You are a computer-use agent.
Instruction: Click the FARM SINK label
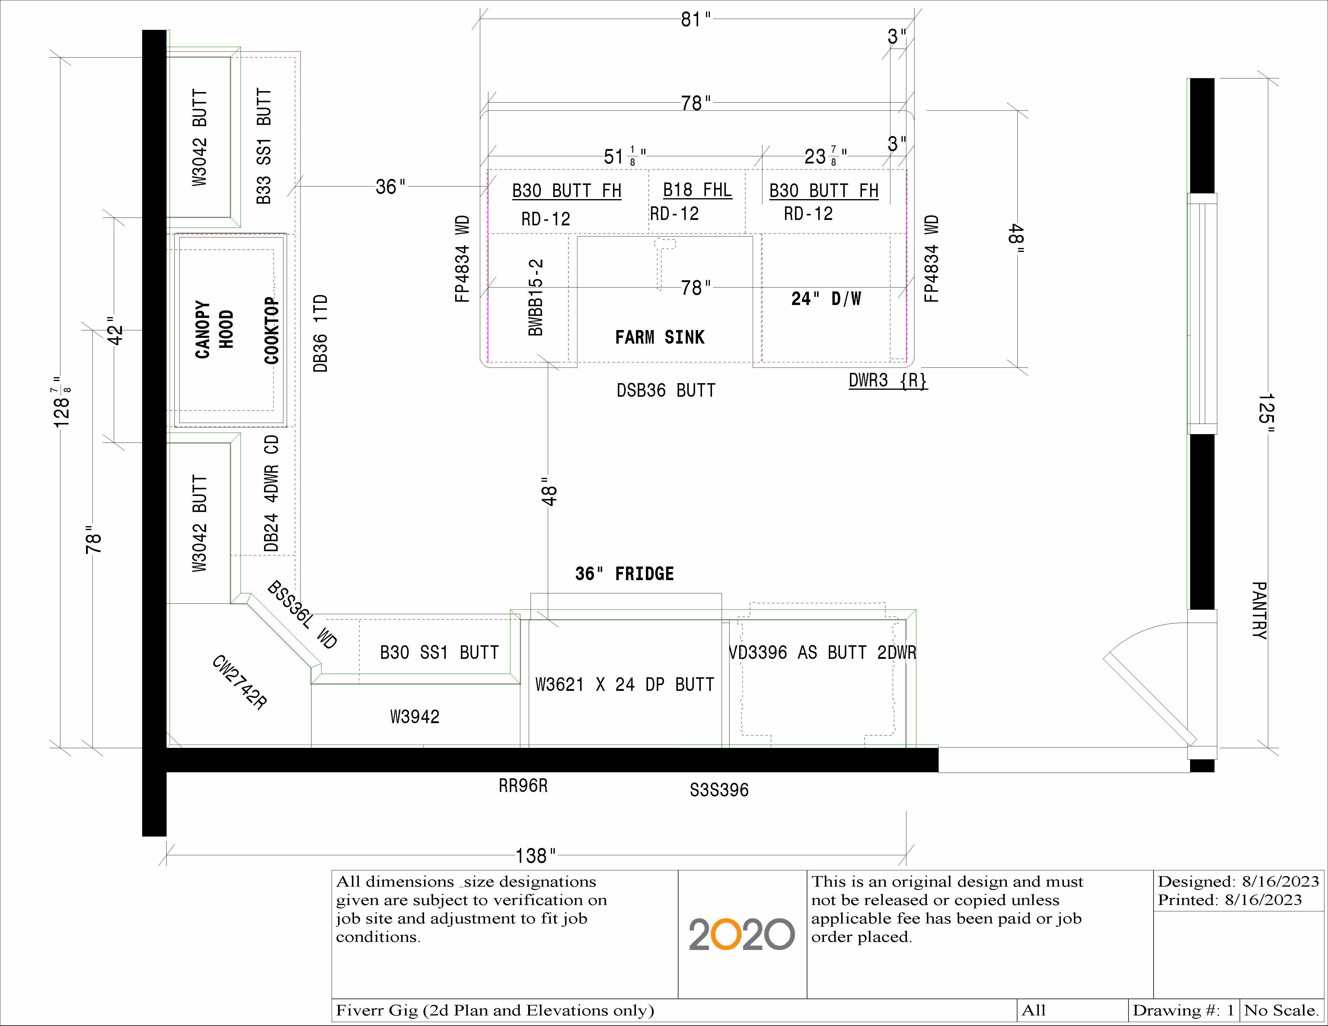point(660,337)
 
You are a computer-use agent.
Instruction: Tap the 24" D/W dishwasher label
point(826,298)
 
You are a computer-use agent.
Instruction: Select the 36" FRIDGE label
point(624,574)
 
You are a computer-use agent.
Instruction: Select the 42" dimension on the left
point(115,330)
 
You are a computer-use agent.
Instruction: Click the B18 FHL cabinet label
point(697,190)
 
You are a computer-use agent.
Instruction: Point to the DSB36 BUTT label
point(666,390)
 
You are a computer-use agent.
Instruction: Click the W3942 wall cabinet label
point(415,716)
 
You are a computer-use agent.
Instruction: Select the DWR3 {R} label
point(888,381)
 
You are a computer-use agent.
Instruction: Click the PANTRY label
point(1259,610)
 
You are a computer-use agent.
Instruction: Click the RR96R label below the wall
point(523,786)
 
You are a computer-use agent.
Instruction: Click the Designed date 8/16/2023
point(1280,881)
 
